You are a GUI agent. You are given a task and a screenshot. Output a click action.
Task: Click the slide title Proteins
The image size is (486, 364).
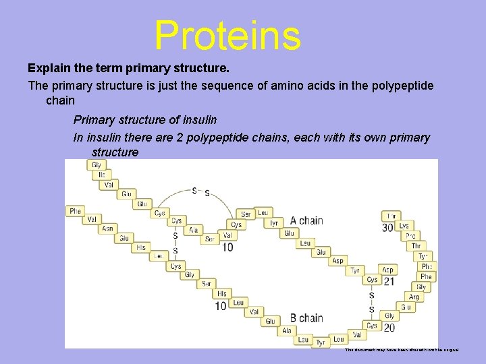(227, 35)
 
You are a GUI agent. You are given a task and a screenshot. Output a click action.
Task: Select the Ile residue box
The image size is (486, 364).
(101, 175)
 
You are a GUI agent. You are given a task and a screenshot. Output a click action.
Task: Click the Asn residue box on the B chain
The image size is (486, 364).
(107, 229)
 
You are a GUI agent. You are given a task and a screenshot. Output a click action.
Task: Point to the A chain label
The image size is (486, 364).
(306, 220)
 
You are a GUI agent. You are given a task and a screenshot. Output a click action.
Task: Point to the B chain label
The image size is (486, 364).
(306, 317)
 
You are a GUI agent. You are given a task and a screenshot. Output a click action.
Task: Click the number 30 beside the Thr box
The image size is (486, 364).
(387, 228)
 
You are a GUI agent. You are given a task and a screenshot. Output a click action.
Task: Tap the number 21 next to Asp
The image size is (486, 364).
(389, 280)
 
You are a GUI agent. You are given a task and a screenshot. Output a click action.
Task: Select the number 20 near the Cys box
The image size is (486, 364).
(389, 327)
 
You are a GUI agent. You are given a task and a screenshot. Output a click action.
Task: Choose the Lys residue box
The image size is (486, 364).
(404, 226)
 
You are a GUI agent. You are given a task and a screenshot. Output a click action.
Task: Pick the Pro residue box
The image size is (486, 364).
(410, 236)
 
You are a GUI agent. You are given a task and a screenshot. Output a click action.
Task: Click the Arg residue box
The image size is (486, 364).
(414, 297)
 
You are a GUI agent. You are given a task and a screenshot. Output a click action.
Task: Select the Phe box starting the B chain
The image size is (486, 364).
(75, 211)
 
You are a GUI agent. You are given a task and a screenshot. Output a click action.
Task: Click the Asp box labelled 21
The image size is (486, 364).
(387, 270)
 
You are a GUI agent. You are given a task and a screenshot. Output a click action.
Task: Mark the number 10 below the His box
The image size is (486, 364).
(221, 305)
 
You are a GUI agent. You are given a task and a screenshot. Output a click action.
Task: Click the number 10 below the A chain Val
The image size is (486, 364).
(227, 247)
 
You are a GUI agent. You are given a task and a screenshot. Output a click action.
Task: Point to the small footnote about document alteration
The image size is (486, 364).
(401, 350)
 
